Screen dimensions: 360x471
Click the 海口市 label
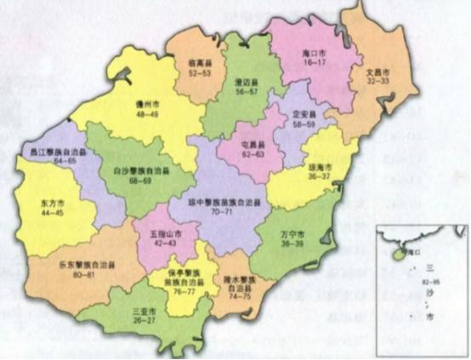(x=316, y=53)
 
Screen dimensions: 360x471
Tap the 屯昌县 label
(x=253, y=145)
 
